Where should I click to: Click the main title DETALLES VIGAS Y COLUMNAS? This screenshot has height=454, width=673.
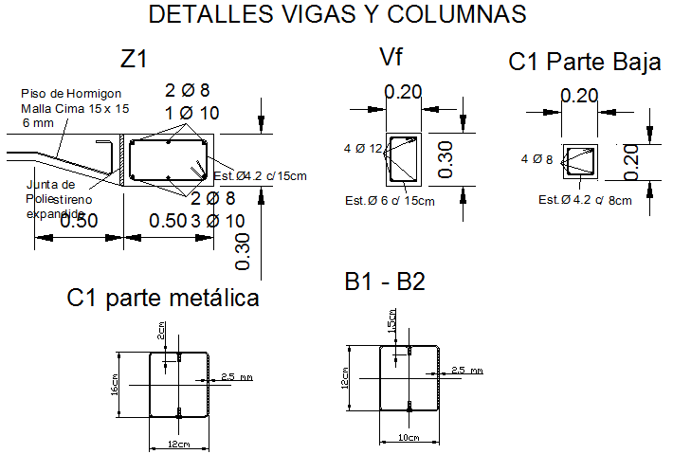337,15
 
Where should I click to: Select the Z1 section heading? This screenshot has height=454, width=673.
133,59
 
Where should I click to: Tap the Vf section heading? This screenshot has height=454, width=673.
391,60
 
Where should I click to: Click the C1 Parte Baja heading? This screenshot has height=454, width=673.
584,63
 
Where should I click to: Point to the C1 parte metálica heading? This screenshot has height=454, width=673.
163,298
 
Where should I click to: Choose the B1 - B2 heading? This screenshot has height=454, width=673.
385,282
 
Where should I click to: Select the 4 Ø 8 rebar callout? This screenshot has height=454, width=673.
537,158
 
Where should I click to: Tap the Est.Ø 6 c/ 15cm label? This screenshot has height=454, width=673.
390,200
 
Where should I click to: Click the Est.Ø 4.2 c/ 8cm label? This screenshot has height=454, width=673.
583,200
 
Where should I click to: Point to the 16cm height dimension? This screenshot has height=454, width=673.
115,383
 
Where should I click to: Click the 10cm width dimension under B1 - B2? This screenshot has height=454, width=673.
409,438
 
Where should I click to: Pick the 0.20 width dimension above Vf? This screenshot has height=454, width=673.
403,92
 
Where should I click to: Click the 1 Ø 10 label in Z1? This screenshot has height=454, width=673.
192,113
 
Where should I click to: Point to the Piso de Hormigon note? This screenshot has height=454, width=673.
73,93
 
